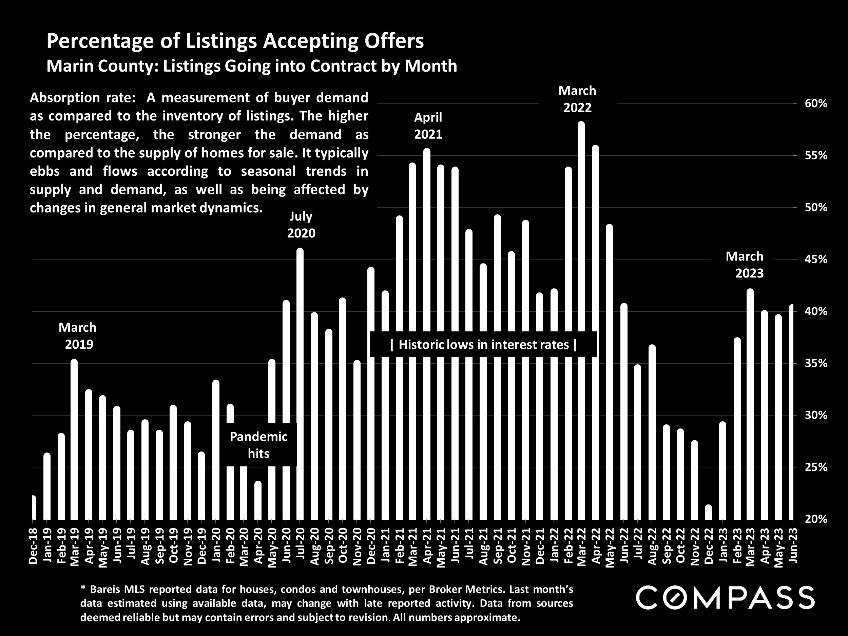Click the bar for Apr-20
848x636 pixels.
coord(258,500)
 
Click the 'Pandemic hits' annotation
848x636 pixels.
coord(258,445)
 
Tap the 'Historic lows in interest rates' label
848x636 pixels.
coord(483,345)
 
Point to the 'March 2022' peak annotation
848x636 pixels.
coord(577,99)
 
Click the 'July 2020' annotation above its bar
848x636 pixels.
coord(301,225)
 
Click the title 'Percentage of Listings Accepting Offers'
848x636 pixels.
coord(235,41)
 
